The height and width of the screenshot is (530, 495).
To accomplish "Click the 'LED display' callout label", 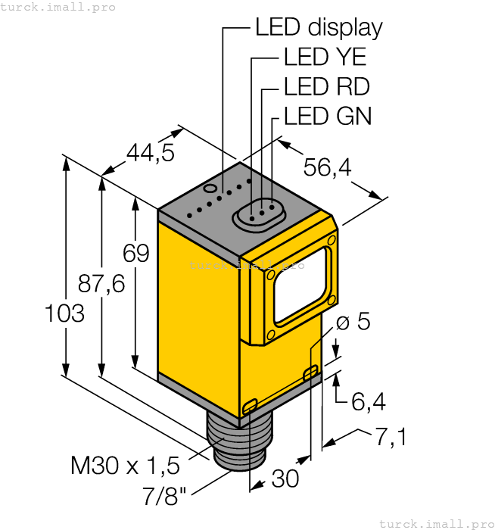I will click(x=318, y=28).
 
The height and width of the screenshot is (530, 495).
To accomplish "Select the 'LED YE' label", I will click(x=325, y=58).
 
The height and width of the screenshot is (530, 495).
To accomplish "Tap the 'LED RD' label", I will click(x=326, y=87).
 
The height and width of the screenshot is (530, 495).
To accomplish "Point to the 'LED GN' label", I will click(x=327, y=116).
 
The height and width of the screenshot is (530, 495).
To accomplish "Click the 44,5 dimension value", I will click(x=150, y=153).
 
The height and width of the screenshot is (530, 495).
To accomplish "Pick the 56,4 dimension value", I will click(x=327, y=168).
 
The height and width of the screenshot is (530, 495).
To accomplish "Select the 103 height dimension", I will click(x=65, y=313).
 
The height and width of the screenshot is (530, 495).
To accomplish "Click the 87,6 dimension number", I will click(x=101, y=284).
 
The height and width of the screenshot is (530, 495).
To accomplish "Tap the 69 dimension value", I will click(x=136, y=253).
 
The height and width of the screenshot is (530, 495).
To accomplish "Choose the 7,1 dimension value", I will click(x=391, y=437).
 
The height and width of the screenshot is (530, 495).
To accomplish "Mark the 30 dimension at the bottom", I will click(x=285, y=479).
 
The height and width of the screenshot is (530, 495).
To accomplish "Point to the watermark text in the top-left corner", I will click(x=58, y=7).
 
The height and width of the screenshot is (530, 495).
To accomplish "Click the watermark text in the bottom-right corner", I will click(x=435, y=523).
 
